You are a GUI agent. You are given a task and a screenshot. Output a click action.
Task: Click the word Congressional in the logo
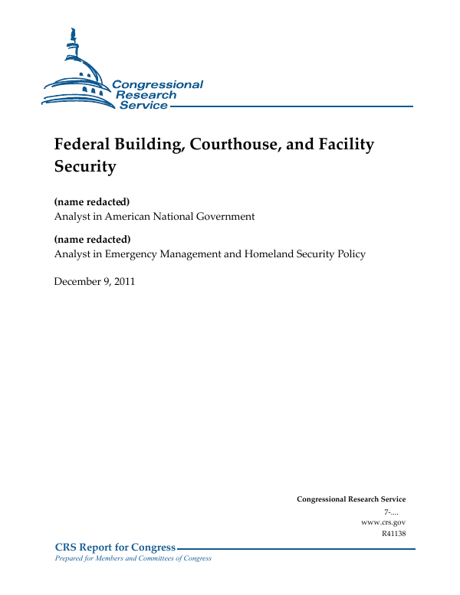point(157,84)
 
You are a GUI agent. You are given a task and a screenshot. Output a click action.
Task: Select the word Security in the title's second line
point(84,166)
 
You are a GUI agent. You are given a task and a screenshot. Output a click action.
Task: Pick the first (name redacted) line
point(91,202)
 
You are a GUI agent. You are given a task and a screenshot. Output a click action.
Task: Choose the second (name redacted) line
point(91,239)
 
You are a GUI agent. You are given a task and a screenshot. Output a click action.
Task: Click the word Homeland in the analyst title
point(271,253)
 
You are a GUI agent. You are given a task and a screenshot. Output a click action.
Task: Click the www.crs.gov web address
point(383,521)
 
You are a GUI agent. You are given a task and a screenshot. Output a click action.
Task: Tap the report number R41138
point(393,533)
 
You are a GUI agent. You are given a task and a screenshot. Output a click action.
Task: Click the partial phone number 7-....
point(391,511)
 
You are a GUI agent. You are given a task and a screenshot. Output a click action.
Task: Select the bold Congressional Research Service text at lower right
point(350,499)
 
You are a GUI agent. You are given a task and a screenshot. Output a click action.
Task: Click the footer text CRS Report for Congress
point(115,547)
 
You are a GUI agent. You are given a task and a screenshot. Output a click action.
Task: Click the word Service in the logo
point(143,105)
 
